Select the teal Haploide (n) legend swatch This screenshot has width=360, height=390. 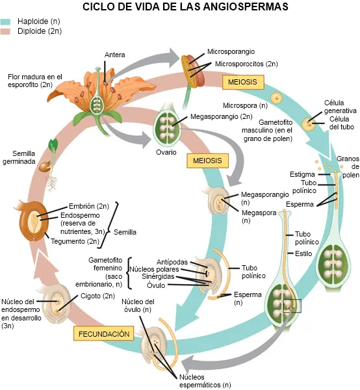pos(6,21)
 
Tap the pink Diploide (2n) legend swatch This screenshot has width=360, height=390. pos(6,31)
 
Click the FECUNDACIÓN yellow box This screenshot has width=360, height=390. pos(104,334)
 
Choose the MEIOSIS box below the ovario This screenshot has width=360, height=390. pos(206,161)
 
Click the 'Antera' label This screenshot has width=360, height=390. pos(114,55)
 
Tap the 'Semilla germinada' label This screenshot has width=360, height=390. pos(19,158)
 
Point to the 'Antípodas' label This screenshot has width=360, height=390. pos(173,261)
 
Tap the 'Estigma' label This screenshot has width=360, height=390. pos(302,174)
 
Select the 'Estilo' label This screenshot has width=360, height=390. pos(304,253)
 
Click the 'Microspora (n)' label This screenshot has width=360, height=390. pos(245,105)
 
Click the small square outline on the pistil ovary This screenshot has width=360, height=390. pos(292,304)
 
